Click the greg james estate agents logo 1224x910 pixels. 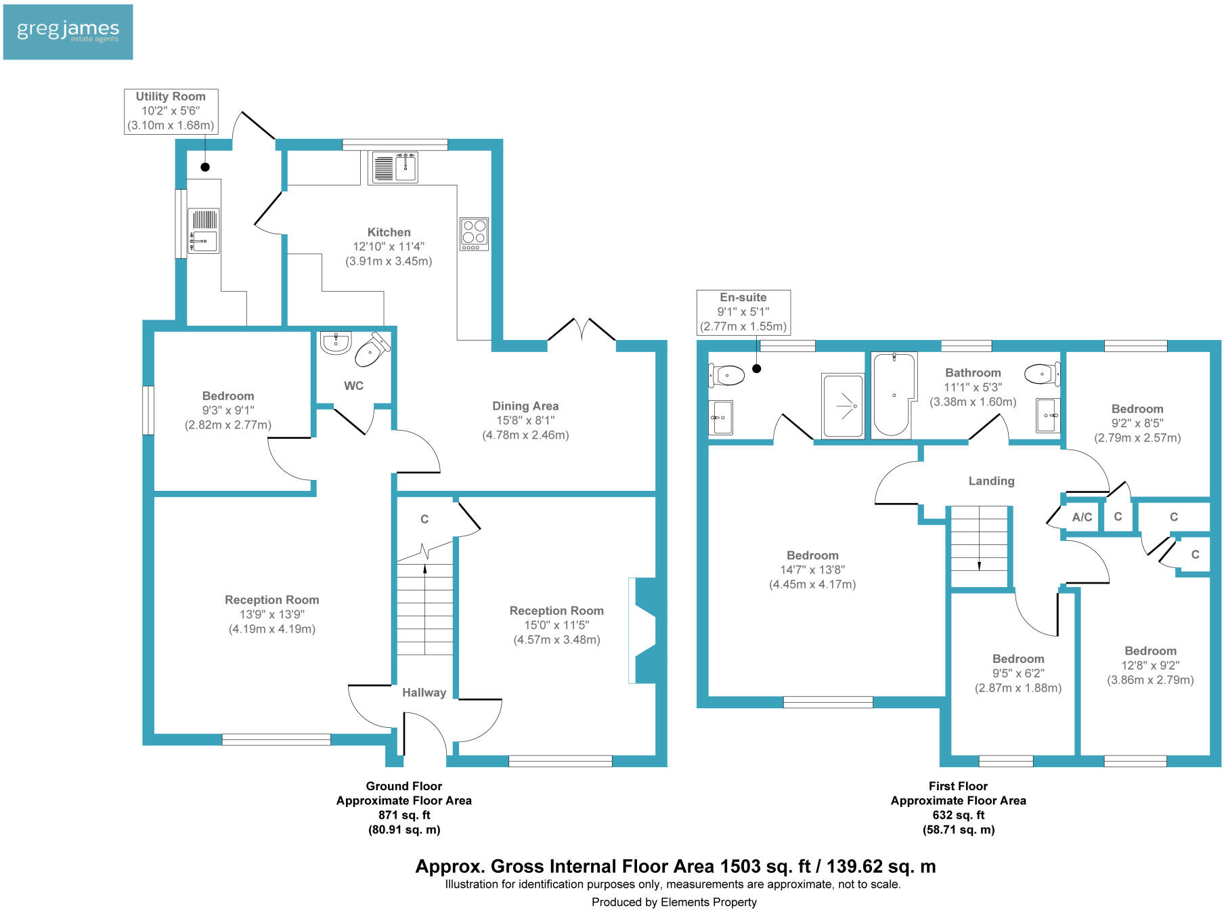point(68,32)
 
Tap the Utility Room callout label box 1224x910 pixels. point(171,111)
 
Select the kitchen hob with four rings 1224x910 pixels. point(474,233)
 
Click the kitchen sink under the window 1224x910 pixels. point(394,167)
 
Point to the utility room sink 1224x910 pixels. point(203,231)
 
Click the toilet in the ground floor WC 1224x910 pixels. point(372,349)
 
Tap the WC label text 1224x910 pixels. point(353,386)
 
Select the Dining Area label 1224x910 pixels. point(525,406)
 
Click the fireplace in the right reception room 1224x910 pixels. point(642,630)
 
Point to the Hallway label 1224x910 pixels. point(424,693)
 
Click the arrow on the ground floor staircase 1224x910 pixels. point(424,570)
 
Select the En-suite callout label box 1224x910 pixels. point(743,312)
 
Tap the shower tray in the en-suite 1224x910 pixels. point(843,406)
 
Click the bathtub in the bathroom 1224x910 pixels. point(894,395)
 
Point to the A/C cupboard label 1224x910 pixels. point(1082,517)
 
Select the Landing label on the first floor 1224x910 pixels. point(991,481)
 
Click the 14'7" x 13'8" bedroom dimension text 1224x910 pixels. point(812,570)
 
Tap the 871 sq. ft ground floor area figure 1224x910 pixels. point(404,815)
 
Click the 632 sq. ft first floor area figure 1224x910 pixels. point(958,815)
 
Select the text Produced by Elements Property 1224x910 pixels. point(674,902)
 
